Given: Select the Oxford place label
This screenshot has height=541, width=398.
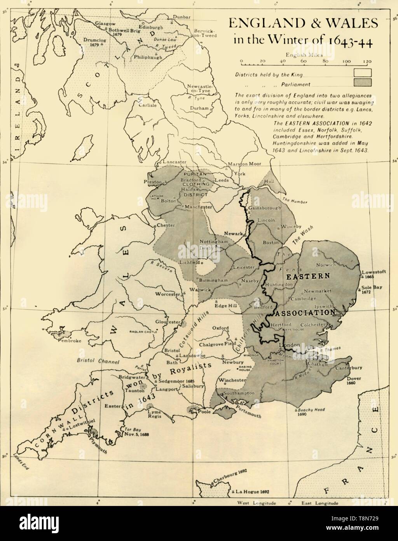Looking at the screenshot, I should [220, 328].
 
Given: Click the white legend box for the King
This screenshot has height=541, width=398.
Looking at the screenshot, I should [362, 73].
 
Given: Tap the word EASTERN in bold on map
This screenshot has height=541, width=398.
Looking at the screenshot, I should [308, 276].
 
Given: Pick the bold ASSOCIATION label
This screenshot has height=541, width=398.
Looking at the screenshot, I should [305, 313].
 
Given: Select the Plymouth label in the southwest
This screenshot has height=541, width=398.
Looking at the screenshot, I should [99, 441].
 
